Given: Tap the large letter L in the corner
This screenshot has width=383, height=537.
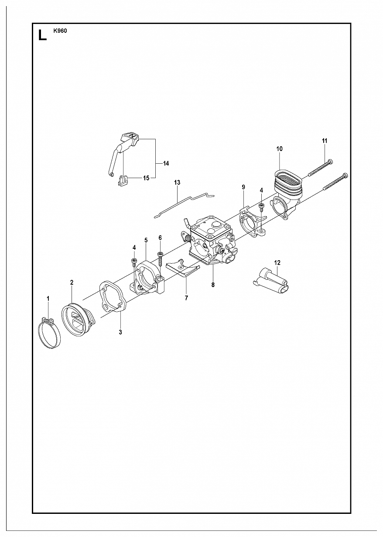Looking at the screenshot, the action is click(42, 35).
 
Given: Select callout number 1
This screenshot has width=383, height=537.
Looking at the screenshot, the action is click(48, 299).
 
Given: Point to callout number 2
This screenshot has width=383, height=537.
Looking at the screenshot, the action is click(72, 282).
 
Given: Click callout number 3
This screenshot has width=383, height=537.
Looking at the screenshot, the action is click(120, 332).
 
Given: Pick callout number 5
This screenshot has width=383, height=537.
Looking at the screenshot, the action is click(146, 240).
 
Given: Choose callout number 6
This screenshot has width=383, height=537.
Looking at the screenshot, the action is click(160, 238).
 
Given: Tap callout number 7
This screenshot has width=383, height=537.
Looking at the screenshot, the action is click(186, 298).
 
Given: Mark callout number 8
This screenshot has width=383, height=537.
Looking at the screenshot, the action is click(213, 285).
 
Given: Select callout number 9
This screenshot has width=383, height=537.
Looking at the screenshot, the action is click(243, 187).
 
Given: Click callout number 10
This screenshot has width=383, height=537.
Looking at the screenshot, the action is click(279, 149).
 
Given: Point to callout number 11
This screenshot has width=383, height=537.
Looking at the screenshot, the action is click(324, 141).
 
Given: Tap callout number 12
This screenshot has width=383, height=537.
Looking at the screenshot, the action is click(277, 263).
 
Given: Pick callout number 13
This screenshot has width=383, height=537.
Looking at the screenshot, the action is click(177, 182).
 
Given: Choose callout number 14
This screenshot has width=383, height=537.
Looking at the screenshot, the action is click(166, 163).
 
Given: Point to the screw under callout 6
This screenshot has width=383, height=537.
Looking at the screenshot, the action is click(160, 258).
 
